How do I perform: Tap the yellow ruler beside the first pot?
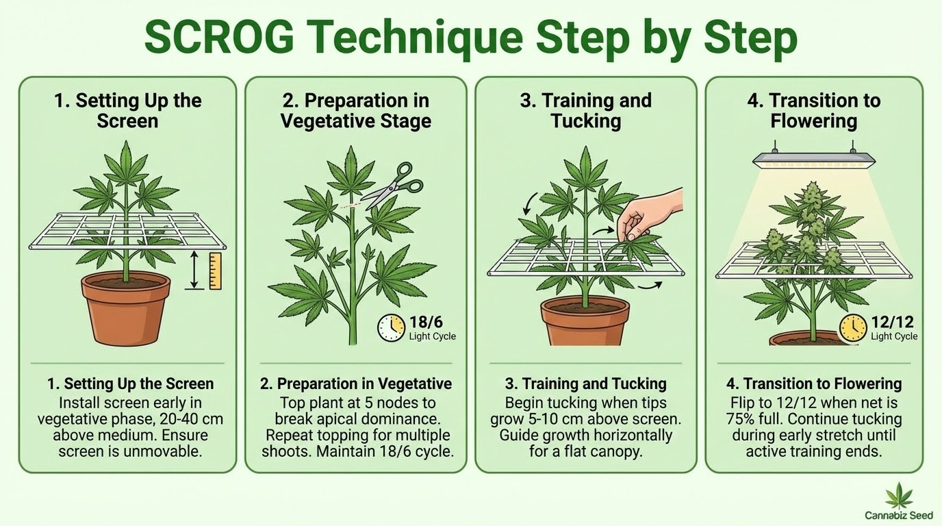click(x=215, y=271)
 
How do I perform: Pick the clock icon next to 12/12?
click(x=853, y=328)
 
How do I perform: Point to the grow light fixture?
click(x=814, y=160)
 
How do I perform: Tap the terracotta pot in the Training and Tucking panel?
click(x=585, y=321)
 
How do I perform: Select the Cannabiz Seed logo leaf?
click(x=899, y=496)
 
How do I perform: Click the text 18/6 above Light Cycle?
click(x=426, y=323)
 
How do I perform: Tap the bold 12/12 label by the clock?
click(x=892, y=323)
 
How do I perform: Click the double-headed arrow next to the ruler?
click(x=194, y=270)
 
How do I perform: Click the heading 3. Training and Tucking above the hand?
click(x=586, y=111)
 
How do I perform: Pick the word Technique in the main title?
click(x=413, y=39)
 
